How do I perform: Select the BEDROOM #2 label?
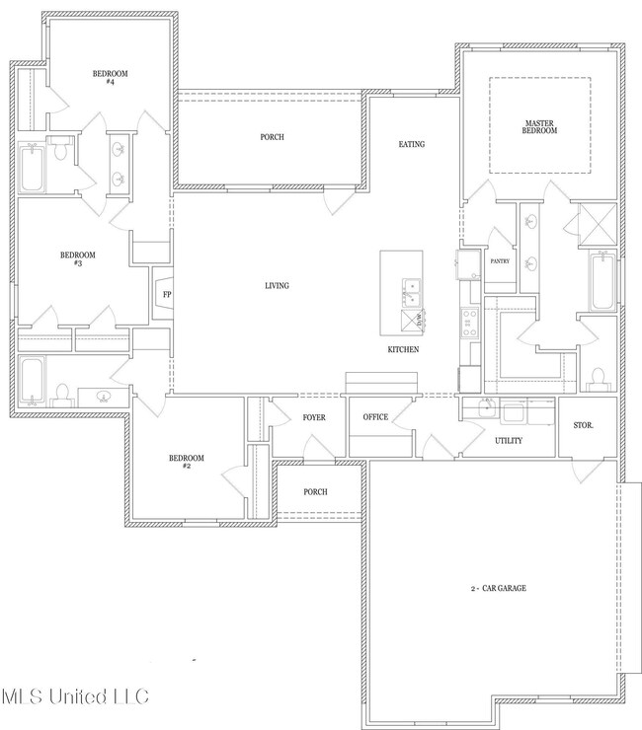point(186,462)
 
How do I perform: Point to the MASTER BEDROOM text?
point(539,127)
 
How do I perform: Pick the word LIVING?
point(277,286)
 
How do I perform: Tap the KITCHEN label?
point(403,350)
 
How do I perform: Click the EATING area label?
point(411,145)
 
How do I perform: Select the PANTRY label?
point(499,261)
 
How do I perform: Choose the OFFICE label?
point(375,417)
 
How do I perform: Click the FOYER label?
point(314,417)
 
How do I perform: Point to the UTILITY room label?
point(509,441)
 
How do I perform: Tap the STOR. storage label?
point(584,426)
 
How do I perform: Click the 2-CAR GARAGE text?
point(498,588)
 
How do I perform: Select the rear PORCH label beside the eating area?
point(273,137)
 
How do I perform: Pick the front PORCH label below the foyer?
point(315,491)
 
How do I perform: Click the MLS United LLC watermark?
point(75,696)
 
